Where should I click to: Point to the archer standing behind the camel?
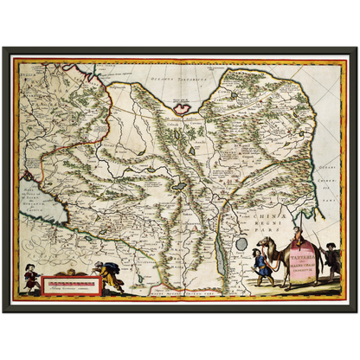click(331, 262)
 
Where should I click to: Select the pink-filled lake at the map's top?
click(183, 108)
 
